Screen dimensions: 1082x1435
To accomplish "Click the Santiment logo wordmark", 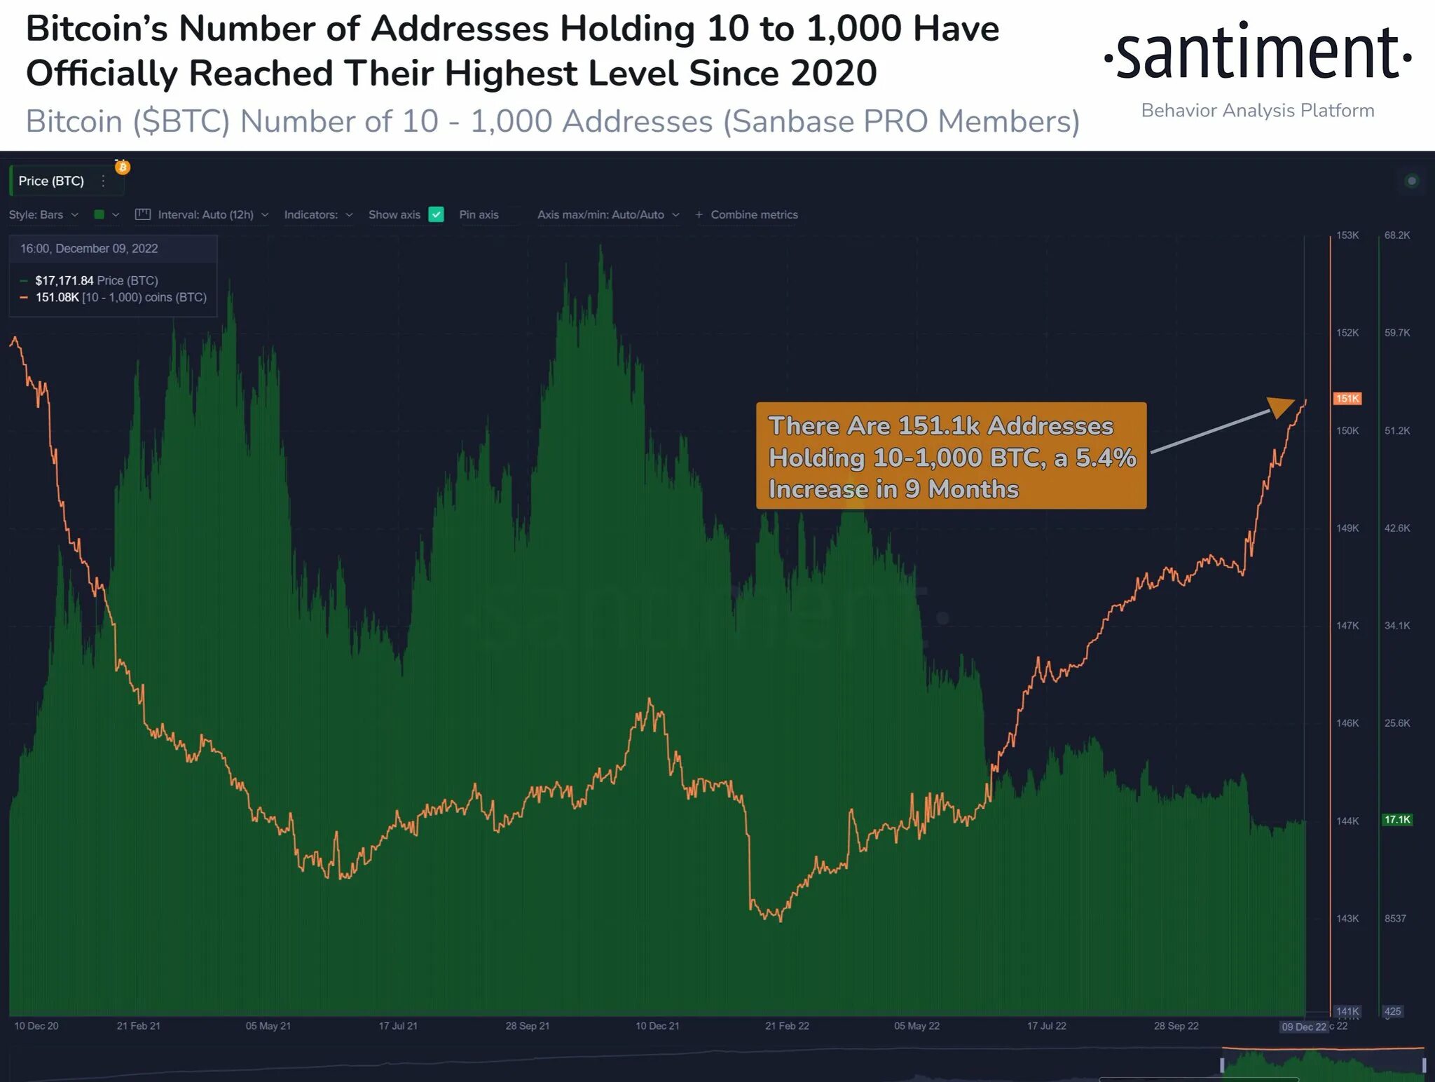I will pyautogui.click(x=1257, y=53).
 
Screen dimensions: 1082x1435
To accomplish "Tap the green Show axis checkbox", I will pyautogui.click(x=436, y=214).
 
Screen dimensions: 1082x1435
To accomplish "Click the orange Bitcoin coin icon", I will pyautogui.click(x=123, y=167).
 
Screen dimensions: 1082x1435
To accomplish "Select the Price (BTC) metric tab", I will pyautogui.click(x=51, y=181).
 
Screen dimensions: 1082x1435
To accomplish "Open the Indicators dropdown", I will pyautogui.click(x=317, y=214).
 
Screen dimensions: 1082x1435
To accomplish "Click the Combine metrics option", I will pyautogui.click(x=753, y=214).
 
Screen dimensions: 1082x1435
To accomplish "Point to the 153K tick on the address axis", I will pyautogui.click(x=1347, y=235).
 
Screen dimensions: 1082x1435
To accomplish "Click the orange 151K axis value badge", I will pyautogui.click(x=1347, y=399).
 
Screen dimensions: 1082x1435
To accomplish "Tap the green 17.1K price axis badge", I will pyautogui.click(x=1396, y=819).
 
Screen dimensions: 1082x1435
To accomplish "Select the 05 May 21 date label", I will pyautogui.click(x=268, y=1026).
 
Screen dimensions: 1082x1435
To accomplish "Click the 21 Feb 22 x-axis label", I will pyautogui.click(x=787, y=1026).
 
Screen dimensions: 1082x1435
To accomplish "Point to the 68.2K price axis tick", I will pyautogui.click(x=1396, y=235).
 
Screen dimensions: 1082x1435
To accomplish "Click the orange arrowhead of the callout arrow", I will pyautogui.click(x=1282, y=406).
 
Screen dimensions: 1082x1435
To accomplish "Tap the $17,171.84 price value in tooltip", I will pyautogui.click(x=64, y=280).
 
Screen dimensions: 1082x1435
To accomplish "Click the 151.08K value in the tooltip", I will pyautogui.click(x=57, y=297).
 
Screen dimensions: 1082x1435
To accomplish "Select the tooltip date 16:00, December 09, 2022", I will pyautogui.click(x=89, y=249).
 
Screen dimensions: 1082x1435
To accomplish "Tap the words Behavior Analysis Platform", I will pyautogui.click(x=1257, y=111).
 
